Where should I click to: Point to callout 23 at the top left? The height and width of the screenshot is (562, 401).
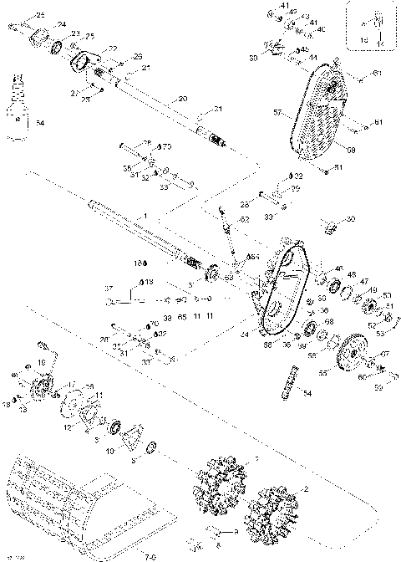tap(75, 33)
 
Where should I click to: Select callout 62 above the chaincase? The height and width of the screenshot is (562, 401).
tap(245, 219)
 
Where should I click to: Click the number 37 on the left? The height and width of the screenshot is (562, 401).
tap(109, 288)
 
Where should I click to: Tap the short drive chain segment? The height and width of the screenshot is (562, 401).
tap(291, 381)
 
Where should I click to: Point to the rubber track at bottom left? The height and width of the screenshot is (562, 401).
tap(67, 493)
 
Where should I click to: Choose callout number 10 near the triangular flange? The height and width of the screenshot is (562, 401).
tap(110, 451)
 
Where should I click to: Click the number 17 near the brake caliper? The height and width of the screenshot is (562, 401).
tap(72, 384)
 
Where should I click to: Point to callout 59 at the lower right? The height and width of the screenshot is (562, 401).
tap(376, 386)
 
